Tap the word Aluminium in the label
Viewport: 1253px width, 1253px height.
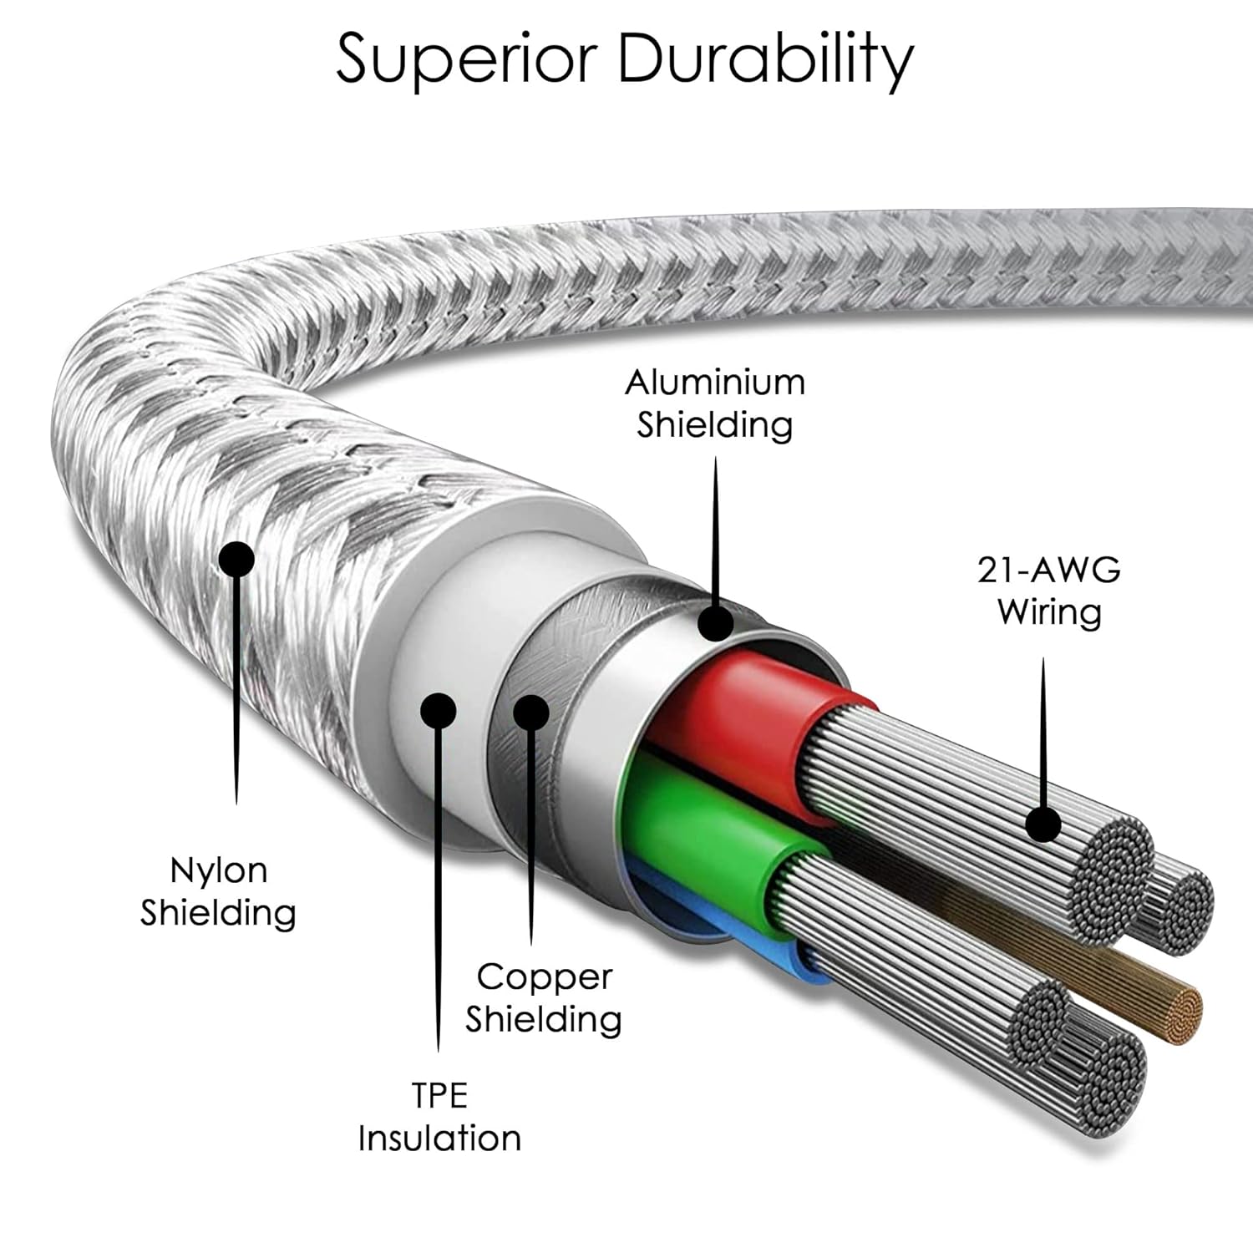pos(715,383)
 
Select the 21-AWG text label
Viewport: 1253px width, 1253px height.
pos(1048,571)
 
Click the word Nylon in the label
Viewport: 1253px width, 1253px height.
pos(218,870)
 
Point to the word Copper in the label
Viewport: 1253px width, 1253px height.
pos(545,977)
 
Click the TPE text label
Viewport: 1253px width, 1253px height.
pos(439,1095)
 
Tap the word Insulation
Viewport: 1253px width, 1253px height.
pos(439,1138)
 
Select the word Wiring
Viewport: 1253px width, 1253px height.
pos(1049,611)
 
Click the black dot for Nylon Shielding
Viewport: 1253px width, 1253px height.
pos(236,559)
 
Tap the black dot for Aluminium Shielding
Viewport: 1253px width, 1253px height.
pos(716,622)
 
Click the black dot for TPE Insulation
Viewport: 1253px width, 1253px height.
pos(439,711)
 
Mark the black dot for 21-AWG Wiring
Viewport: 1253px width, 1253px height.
pos(1043,824)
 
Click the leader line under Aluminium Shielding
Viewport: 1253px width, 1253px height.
pos(715,526)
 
